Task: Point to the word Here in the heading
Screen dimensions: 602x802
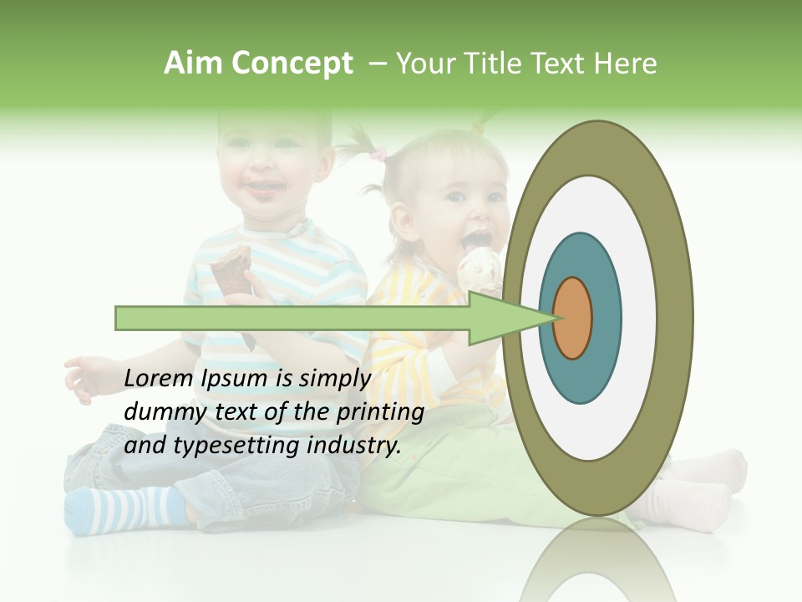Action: [626, 64]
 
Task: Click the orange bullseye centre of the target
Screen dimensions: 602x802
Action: [573, 319]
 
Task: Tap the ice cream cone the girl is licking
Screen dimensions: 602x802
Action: [480, 268]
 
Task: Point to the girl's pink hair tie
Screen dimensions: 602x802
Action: [379, 154]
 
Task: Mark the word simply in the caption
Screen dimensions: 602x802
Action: [333, 379]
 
